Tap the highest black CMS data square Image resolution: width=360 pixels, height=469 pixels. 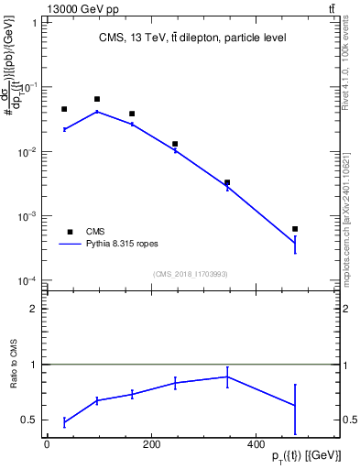pyautogui.click(x=97, y=99)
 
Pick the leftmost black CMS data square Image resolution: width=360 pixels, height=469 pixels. pyautogui.click(x=64, y=109)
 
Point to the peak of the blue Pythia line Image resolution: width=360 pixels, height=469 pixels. pyautogui.click(x=97, y=112)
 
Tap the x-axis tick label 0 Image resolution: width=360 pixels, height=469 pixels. pyautogui.click(x=47, y=443)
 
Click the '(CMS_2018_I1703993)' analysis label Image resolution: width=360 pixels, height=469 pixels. pyautogui.click(x=191, y=273)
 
